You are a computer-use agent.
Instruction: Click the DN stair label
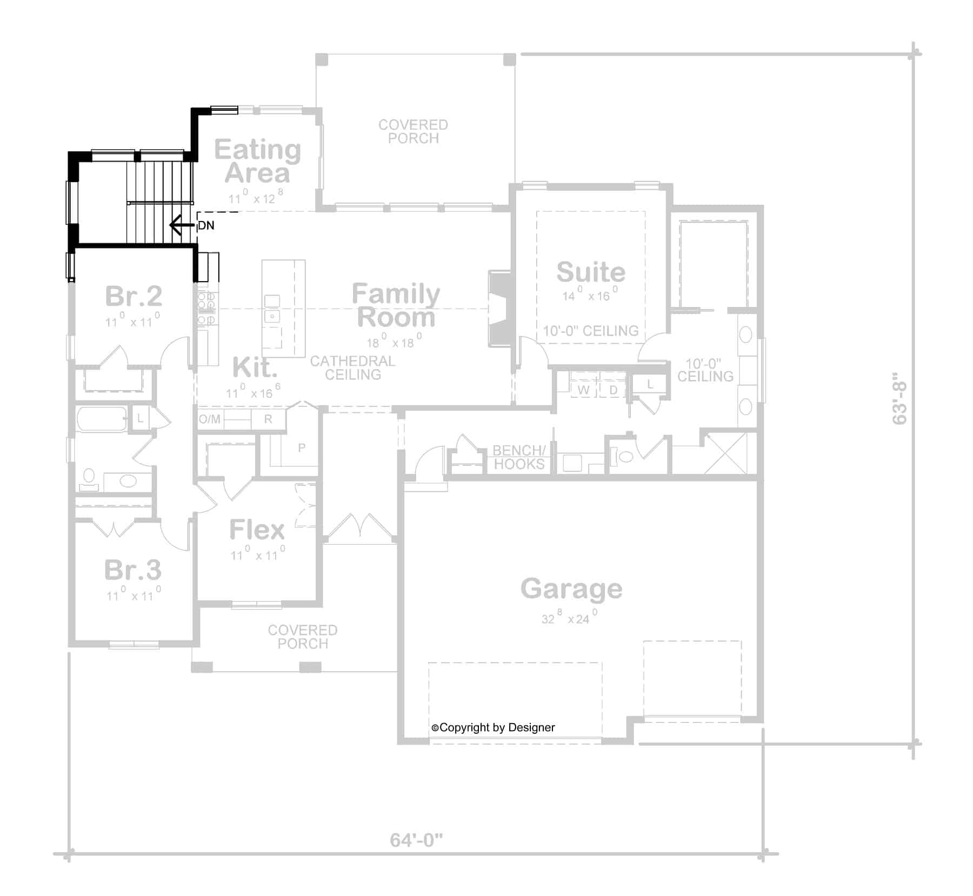206,225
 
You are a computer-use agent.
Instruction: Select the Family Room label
396,306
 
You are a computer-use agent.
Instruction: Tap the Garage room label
571,589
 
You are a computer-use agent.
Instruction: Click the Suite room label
591,272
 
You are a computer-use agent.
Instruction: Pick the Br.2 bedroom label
133,296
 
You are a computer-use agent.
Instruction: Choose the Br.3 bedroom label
133,570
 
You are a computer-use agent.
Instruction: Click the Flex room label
257,530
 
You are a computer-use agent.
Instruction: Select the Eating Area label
257,161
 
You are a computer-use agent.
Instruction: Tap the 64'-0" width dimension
416,840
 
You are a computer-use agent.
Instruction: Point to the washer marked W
584,390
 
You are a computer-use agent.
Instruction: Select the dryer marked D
613,390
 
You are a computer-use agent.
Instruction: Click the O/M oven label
210,419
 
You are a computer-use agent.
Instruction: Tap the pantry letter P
302,447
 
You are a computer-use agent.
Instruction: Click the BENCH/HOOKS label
519,457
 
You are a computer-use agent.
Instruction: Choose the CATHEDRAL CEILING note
352,367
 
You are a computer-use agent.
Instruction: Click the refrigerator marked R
268,419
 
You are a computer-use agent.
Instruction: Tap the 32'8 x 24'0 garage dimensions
570,618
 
